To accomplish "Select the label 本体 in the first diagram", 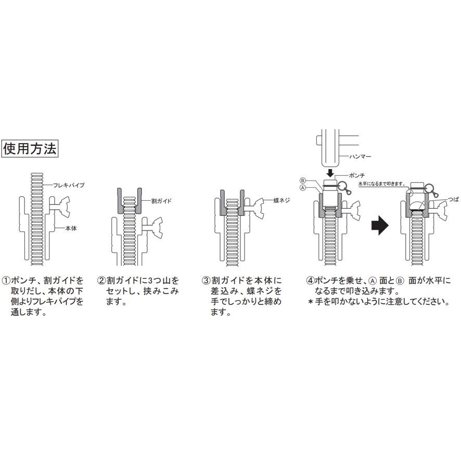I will click(x=71, y=228).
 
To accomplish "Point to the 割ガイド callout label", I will click(x=161, y=200).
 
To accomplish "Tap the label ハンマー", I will click(x=358, y=156).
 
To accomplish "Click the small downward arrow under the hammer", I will click(x=329, y=172).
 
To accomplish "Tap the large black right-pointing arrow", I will click(x=381, y=226).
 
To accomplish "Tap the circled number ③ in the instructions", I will click(x=206, y=280).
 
